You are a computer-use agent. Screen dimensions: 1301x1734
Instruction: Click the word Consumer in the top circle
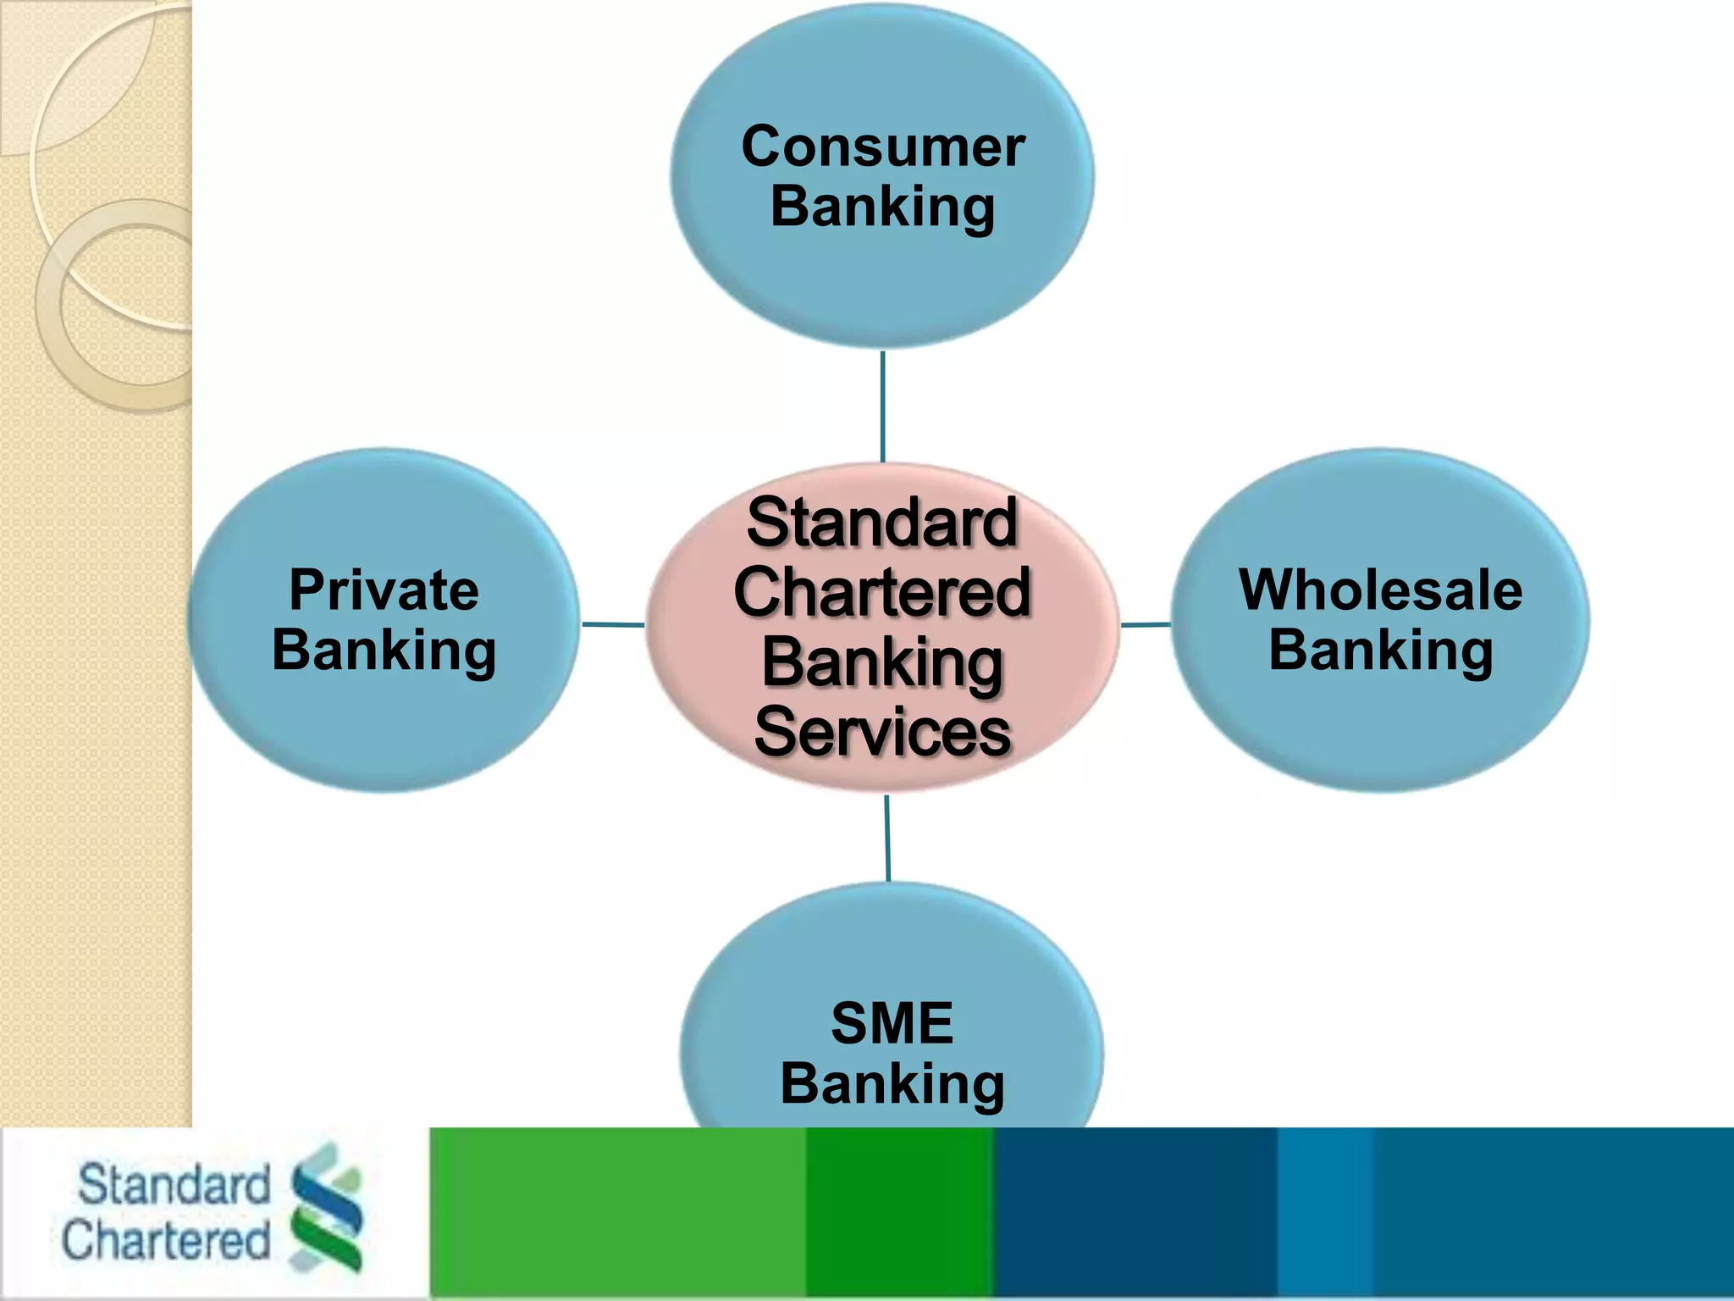[x=882, y=147]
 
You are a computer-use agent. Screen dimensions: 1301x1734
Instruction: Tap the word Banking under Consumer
[x=882, y=208]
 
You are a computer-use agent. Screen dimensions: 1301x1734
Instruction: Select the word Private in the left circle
[x=384, y=590]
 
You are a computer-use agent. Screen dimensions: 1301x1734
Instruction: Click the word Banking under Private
[x=384, y=651]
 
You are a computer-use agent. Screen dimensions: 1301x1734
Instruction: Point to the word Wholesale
[x=1380, y=590]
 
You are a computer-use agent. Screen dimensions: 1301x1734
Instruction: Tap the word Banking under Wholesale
[x=1380, y=651]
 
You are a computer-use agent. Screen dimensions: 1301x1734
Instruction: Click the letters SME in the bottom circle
[x=892, y=1023]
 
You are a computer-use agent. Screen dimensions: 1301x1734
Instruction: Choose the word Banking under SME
[x=892, y=1084]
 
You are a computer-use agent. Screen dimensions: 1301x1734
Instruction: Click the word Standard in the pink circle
[x=881, y=522]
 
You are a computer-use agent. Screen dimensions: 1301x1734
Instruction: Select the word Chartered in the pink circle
[x=881, y=592]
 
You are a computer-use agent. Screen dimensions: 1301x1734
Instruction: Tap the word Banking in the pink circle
[x=881, y=663]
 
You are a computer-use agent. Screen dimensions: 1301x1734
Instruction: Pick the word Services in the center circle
[x=881, y=732]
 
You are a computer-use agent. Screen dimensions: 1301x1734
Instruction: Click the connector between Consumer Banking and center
[x=882, y=407]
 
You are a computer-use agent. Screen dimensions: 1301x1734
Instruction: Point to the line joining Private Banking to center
[x=613, y=625]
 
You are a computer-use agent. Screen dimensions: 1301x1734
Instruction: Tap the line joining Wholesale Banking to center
[x=1146, y=625]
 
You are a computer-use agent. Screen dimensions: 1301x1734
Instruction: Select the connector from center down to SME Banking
[x=887, y=839]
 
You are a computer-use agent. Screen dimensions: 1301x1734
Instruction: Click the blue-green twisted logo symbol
[x=327, y=1206]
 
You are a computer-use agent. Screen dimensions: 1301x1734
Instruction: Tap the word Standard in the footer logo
[x=174, y=1184]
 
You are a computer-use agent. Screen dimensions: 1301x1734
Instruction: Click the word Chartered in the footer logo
[x=166, y=1240]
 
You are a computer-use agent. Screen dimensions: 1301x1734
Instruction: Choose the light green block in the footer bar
[x=618, y=1213]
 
